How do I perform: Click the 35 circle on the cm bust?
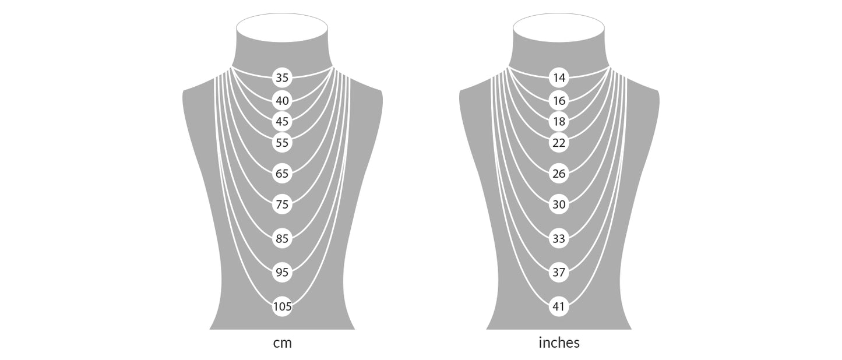pos(282,77)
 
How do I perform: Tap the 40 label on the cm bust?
pos(282,101)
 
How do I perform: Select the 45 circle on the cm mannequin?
pos(282,122)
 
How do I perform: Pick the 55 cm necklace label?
pos(282,142)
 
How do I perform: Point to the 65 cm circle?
pos(282,173)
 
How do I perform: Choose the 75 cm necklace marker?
pos(282,204)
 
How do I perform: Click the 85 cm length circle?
pos(282,238)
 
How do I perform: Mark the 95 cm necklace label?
pos(282,272)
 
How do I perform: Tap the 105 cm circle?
pos(282,306)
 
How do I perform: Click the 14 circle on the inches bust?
pos(559,77)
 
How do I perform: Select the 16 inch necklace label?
pos(559,101)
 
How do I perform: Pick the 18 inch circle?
pos(559,122)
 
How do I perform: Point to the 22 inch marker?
pos(559,142)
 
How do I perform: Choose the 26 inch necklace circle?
pos(559,173)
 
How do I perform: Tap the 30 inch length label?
pos(559,204)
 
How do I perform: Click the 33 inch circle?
pos(559,238)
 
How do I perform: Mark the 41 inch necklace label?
pos(559,306)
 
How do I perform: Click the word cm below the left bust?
pos(282,343)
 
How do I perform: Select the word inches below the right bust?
pos(559,343)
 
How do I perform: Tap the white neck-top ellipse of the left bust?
pos(282,28)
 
